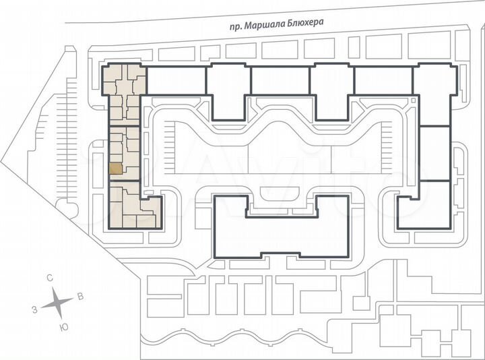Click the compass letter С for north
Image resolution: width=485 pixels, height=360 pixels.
tap(50, 278)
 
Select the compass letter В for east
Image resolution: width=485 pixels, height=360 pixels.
tap(80, 296)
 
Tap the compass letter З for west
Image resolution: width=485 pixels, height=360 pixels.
tap(34, 309)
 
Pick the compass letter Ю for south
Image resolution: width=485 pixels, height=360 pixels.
tap(63, 326)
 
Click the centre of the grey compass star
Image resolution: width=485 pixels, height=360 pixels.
tap(57, 303)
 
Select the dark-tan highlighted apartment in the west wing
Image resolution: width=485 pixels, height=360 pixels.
tap(116, 170)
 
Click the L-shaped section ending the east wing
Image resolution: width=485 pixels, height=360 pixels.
tap(414, 206)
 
